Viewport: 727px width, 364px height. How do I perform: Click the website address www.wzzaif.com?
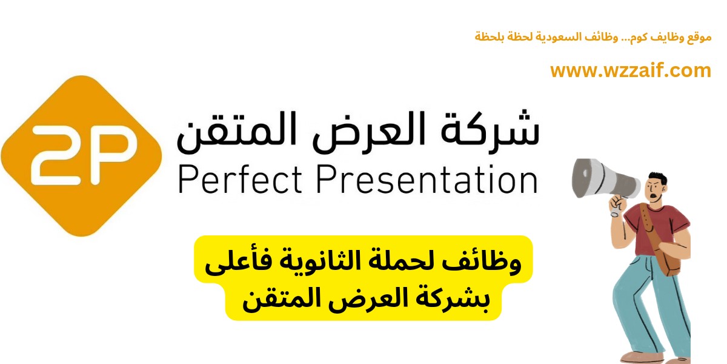(x=630, y=70)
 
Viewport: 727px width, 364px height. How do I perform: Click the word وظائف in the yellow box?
(x=490, y=262)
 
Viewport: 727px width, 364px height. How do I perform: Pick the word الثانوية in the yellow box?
(x=314, y=262)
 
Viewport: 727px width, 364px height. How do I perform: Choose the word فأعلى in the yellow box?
(x=236, y=263)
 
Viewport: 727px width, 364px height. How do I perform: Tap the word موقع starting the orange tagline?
(x=700, y=37)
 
